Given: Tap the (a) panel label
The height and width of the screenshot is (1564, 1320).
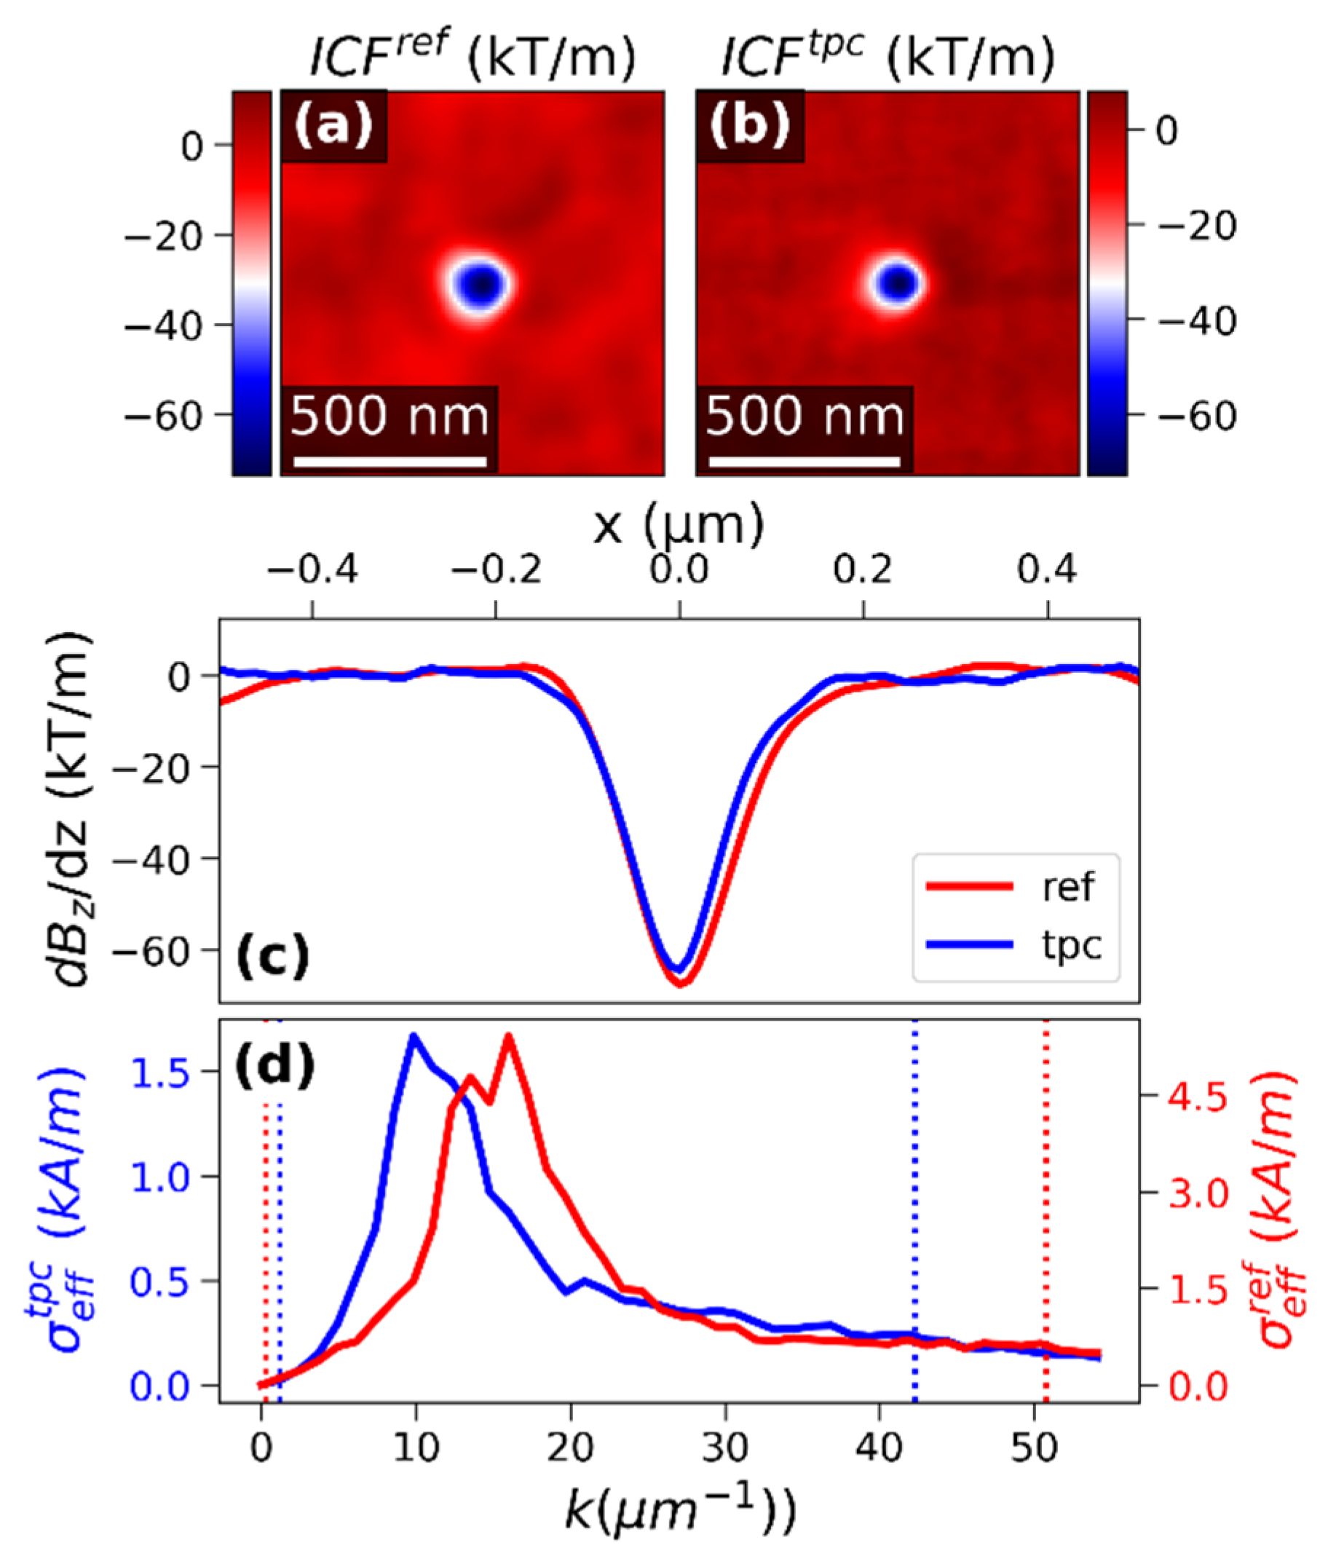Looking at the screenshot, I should click(x=333, y=125).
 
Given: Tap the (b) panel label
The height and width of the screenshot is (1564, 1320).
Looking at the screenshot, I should click(x=750, y=125).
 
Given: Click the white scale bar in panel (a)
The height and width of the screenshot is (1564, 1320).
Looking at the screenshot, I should click(x=390, y=462).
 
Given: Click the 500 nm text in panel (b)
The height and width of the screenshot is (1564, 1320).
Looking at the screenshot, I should click(x=805, y=416).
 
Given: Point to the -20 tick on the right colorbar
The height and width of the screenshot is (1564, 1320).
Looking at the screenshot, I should click(x=1194, y=225).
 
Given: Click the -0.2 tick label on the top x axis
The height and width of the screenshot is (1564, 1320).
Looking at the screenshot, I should click(x=495, y=570).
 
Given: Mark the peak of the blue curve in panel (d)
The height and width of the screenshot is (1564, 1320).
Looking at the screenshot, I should click(x=413, y=1036).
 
